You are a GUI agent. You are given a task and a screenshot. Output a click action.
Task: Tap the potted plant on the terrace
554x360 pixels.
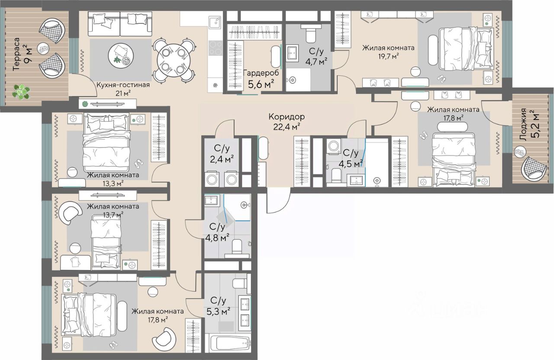22,91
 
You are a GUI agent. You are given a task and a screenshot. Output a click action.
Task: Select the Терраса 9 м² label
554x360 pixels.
23,54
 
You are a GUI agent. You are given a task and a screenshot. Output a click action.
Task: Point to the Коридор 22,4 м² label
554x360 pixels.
287,122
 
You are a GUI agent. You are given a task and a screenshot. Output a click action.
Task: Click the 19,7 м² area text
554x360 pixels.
388,56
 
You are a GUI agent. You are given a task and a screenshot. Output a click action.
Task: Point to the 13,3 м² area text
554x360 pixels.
113,183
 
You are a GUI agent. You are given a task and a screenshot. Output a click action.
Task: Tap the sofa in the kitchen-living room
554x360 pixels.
120,25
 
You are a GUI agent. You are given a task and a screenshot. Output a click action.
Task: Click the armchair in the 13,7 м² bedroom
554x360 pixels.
70,212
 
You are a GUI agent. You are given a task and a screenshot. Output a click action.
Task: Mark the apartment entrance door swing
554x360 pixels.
278,200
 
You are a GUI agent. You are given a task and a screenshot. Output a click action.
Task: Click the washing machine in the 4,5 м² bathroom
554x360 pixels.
334,146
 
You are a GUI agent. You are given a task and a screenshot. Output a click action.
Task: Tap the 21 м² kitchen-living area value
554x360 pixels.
123,93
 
